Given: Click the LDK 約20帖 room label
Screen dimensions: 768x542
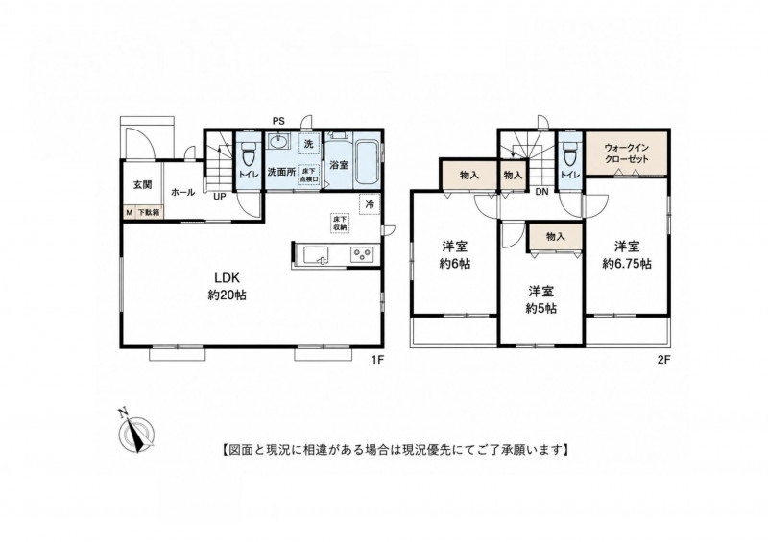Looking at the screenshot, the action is coord(227,287).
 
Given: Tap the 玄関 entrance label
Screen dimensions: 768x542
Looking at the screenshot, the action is coord(142,184).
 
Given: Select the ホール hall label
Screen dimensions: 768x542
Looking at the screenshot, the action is coord(182,193).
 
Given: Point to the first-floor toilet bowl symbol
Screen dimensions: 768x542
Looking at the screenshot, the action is coord(250,153).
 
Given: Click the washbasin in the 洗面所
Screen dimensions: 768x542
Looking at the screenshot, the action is coord(279,143).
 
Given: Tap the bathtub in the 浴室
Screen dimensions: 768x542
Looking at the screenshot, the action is coord(366,162).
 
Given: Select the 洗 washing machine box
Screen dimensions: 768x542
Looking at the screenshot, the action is coord(308,144).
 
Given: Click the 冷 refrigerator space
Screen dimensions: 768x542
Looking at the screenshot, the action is coord(370,204).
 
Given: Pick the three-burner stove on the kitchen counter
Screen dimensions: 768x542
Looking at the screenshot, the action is coord(363,254).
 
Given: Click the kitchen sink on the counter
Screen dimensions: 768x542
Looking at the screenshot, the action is coord(317,254).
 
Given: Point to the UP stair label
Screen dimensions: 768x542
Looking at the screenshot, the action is coord(219,197).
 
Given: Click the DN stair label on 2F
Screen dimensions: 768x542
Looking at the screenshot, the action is coord(541,192).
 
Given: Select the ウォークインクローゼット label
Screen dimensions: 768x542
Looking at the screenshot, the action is coord(627,153).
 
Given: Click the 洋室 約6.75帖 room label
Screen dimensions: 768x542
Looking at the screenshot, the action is coord(627,254).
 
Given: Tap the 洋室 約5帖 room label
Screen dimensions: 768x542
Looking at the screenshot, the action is coord(540,299).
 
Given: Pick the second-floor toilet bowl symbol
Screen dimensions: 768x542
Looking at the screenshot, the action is coord(569,153).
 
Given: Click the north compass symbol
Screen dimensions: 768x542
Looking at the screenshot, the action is coord(135,432).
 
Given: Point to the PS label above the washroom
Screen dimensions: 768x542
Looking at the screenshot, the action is coord(278,122).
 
